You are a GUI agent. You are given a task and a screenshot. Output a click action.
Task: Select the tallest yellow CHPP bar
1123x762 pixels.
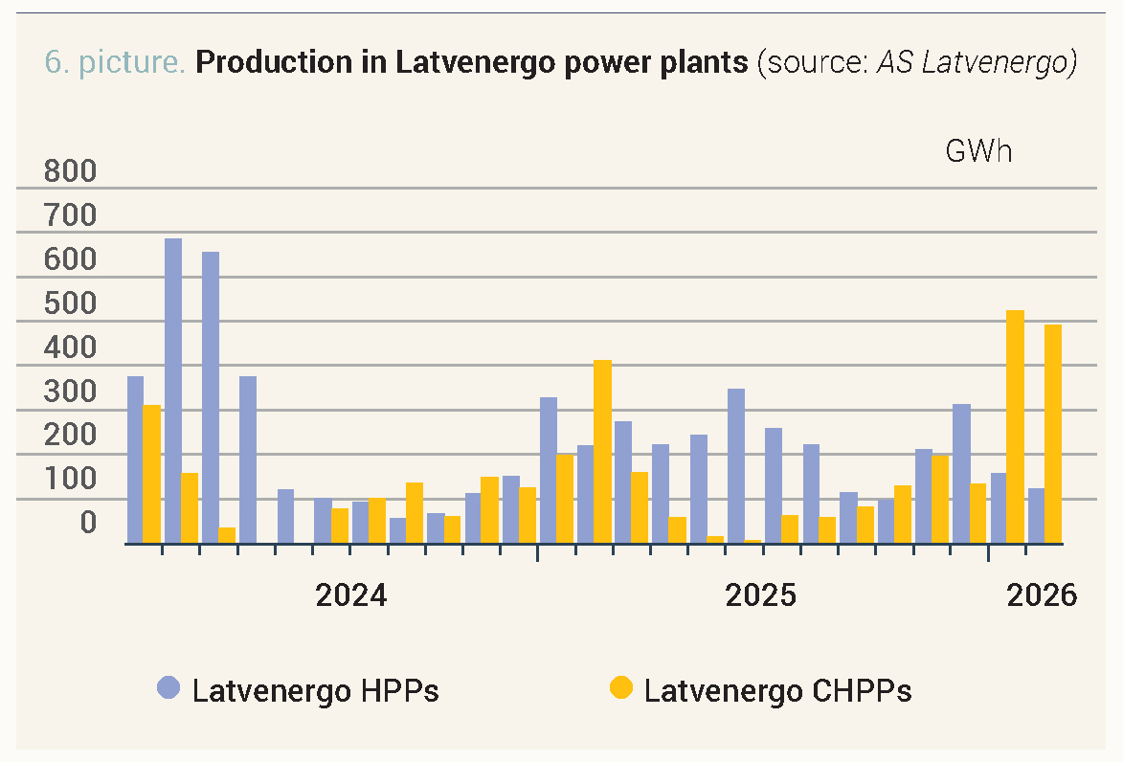1016,427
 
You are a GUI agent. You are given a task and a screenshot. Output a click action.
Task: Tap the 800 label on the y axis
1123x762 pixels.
71,172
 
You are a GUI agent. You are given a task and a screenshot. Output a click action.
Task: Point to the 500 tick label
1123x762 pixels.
71,304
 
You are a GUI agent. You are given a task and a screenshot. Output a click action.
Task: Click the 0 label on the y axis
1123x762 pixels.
87,523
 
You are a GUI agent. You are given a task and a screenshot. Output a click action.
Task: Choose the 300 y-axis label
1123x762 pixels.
71,392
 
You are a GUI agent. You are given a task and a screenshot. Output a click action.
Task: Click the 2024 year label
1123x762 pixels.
351,595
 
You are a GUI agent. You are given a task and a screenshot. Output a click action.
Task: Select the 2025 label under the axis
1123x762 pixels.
761,595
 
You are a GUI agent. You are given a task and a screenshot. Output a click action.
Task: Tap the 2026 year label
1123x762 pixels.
1042,595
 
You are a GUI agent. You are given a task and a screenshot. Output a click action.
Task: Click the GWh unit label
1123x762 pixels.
978,151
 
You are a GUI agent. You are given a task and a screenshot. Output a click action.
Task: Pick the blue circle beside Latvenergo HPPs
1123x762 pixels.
169,687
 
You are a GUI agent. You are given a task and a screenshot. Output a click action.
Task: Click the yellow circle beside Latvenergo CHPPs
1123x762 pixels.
622,687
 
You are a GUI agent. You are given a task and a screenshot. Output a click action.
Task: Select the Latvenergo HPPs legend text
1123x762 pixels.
315,690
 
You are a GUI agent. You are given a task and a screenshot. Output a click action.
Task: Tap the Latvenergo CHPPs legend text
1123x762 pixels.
777,690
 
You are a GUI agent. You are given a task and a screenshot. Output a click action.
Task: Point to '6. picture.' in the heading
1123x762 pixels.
115,63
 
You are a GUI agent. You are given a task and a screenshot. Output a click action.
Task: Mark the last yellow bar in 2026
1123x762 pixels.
1053,434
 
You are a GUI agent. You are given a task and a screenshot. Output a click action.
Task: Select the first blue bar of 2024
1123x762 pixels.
135,459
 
